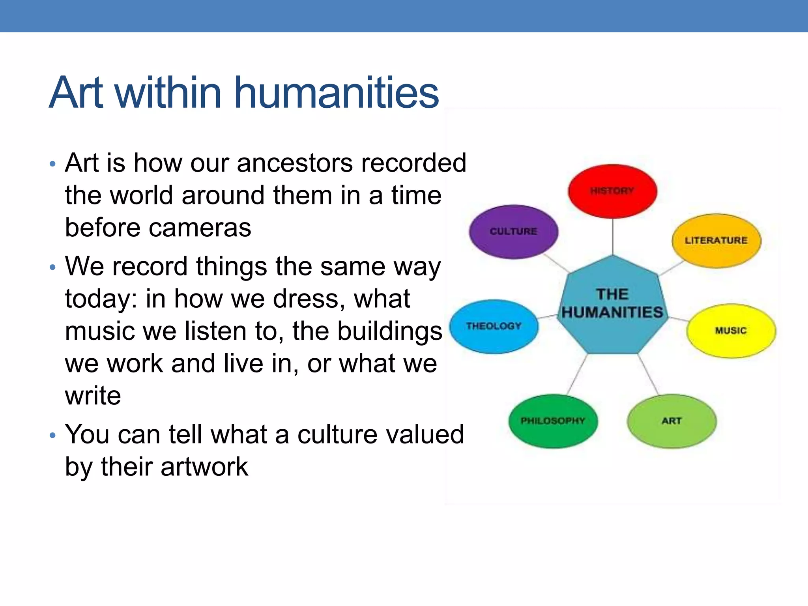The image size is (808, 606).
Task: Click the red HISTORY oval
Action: [x=612, y=191]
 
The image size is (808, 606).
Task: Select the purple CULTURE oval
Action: [x=514, y=232]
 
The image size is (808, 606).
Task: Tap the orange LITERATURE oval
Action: [x=716, y=241]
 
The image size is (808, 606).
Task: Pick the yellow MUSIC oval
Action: [x=731, y=331]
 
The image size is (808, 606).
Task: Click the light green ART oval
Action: [x=671, y=421]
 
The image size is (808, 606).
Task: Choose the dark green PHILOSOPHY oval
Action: [x=553, y=421]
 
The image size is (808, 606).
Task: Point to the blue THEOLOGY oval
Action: [x=494, y=326]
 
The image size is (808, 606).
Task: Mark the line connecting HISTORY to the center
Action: [x=613, y=237]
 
